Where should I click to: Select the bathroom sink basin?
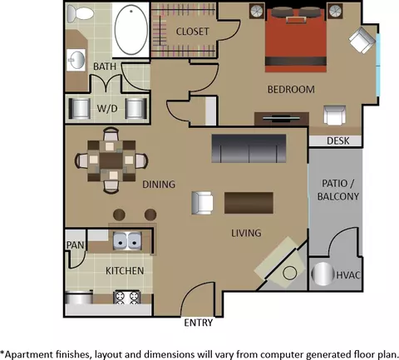pyautogui.click(x=76, y=60)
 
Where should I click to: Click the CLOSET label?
pyautogui.click(x=192, y=32)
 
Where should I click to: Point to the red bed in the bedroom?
pyautogui.click(x=295, y=40)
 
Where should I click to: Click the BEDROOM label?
pyautogui.click(x=291, y=89)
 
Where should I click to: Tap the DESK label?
pyautogui.click(x=337, y=141)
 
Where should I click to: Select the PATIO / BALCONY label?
pyautogui.click(x=338, y=190)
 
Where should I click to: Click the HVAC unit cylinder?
pyautogui.click(x=323, y=274)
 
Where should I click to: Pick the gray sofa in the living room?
pyautogui.click(x=249, y=149)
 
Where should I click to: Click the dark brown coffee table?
pyautogui.click(x=249, y=203)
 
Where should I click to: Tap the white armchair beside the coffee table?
pyautogui.click(x=202, y=203)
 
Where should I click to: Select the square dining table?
pyautogui.click(x=111, y=160)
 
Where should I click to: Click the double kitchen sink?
pyautogui.click(x=127, y=240)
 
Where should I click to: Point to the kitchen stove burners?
pyautogui.click(x=126, y=298)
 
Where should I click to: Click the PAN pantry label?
pyautogui.click(x=75, y=245)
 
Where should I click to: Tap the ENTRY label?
pyautogui.click(x=199, y=323)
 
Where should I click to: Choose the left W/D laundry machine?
pyautogui.click(x=80, y=108)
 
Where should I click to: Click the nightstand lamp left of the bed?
pyautogui.click(x=257, y=11)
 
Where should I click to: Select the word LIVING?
pyautogui.click(x=246, y=233)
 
